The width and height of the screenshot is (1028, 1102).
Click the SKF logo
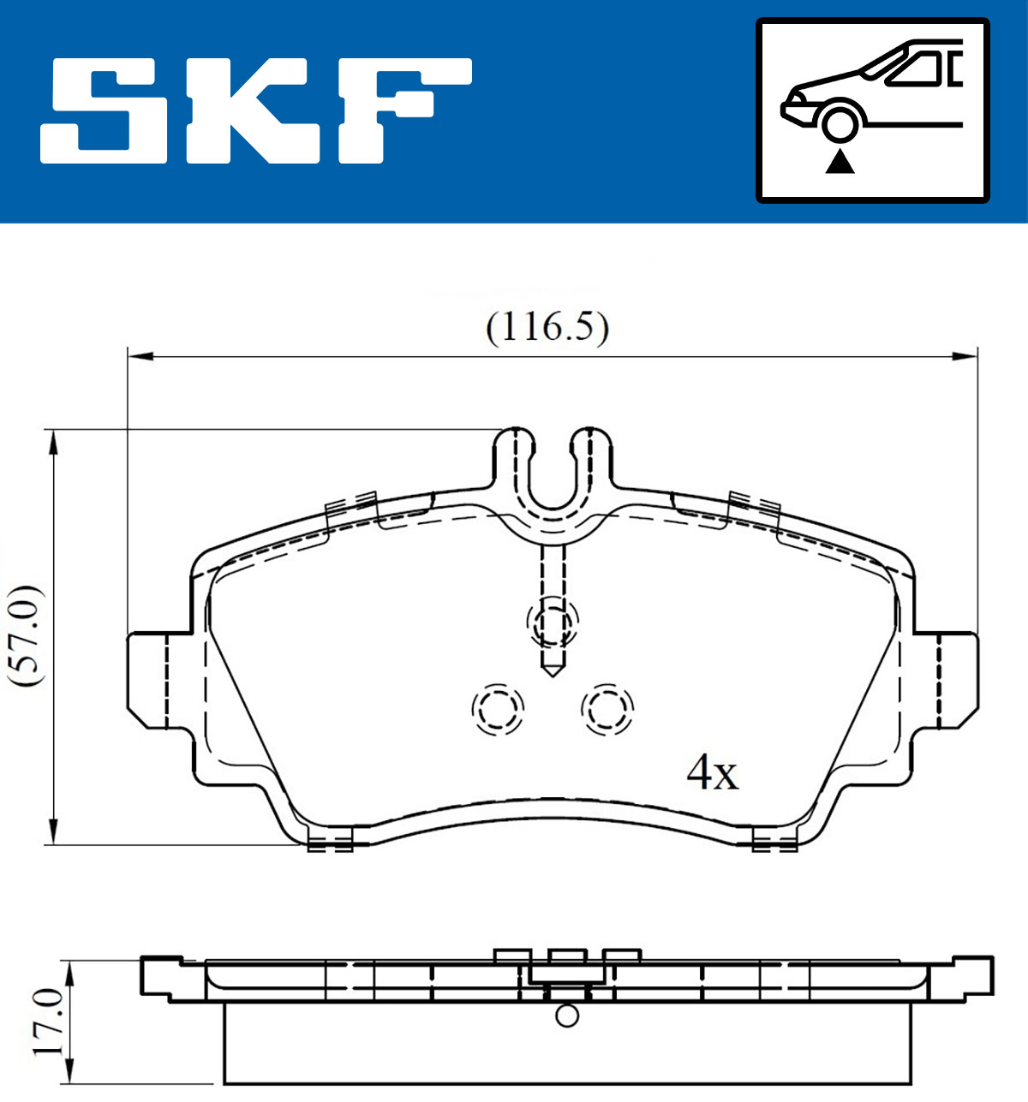[x=256, y=111]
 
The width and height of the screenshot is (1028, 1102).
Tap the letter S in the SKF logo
[x=104, y=111]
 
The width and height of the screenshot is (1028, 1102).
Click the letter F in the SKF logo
[x=405, y=111]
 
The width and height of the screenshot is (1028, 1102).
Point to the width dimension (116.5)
[x=547, y=328]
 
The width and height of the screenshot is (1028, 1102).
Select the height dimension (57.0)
[x=26, y=636]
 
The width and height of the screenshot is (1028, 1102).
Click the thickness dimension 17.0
[x=48, y=1022]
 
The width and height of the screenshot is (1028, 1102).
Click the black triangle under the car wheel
[x=840, y=164]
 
